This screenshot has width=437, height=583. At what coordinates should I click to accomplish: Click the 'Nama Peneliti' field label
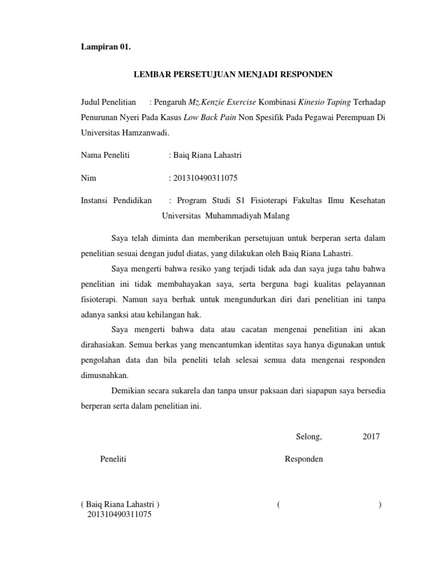[106, 155]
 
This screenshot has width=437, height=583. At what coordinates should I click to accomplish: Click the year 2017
[371, 437]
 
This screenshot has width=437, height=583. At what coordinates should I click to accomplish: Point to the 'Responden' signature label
[304, 459]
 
